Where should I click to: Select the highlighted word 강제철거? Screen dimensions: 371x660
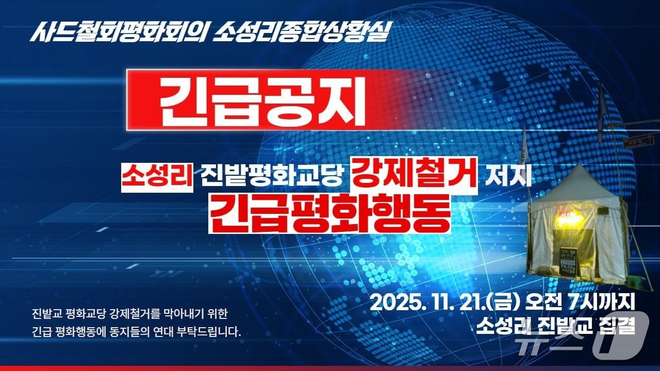414,176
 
